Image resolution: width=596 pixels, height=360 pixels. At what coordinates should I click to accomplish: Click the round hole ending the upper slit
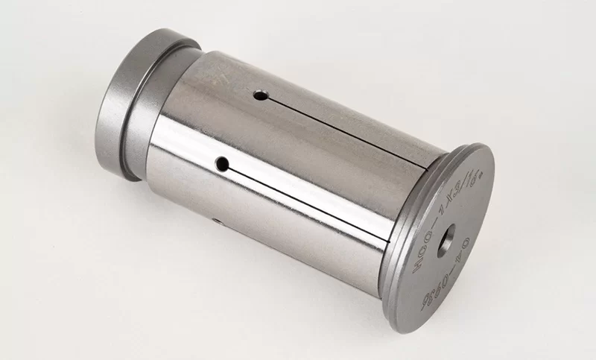click(259, 96)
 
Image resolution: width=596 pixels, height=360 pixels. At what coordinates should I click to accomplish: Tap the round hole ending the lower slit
click(221, 162)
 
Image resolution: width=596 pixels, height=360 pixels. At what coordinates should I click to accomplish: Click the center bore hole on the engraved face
click(446, 239)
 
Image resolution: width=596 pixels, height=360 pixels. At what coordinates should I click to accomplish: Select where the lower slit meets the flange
click(389, 242)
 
